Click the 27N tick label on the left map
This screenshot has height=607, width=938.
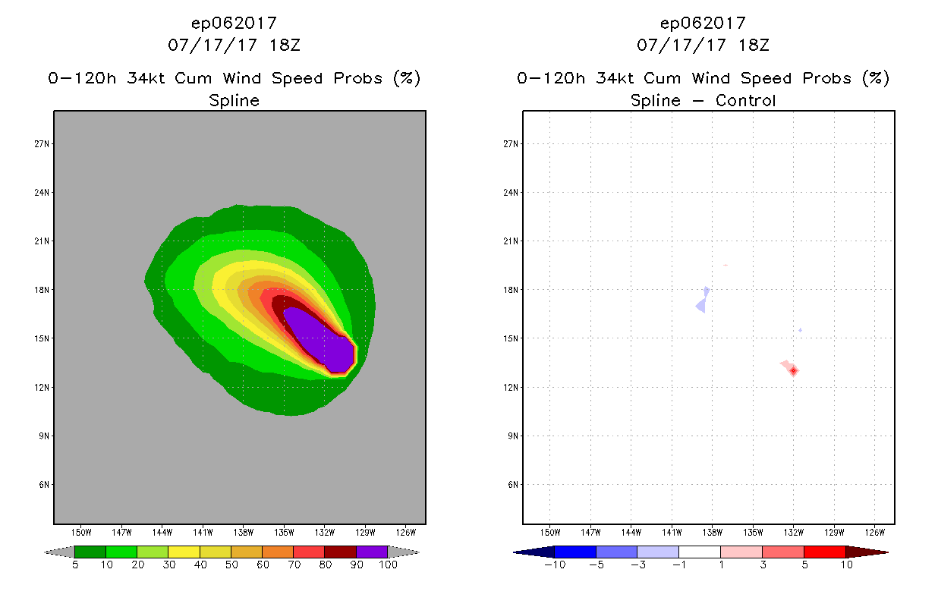44,143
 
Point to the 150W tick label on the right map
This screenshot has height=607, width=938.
550,532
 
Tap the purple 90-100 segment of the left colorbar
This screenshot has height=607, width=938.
372,552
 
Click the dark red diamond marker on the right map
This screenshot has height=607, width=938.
793,370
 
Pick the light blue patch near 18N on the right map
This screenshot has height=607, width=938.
703,301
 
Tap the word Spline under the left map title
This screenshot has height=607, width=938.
234,100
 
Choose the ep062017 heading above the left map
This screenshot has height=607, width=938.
234,23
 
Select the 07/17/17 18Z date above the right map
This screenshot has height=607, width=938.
703,45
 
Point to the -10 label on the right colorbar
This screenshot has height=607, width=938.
556,565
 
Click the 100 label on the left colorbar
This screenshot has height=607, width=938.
388,565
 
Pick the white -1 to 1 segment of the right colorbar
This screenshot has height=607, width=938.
699,552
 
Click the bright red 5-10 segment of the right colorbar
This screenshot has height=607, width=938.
824,552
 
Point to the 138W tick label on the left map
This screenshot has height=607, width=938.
244,532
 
